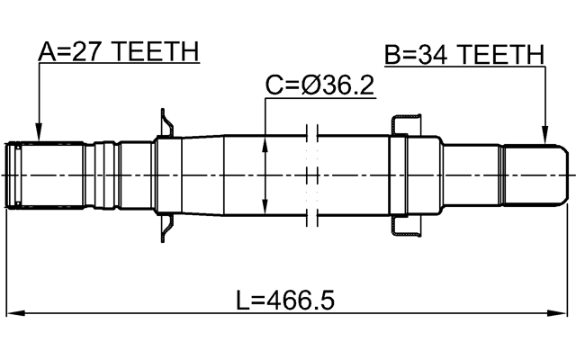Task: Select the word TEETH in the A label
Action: pos(155,52)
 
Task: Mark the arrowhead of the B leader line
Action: pos(544,139)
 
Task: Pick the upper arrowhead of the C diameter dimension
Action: pos(265,141)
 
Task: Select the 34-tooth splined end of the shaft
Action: pos(535,175)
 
